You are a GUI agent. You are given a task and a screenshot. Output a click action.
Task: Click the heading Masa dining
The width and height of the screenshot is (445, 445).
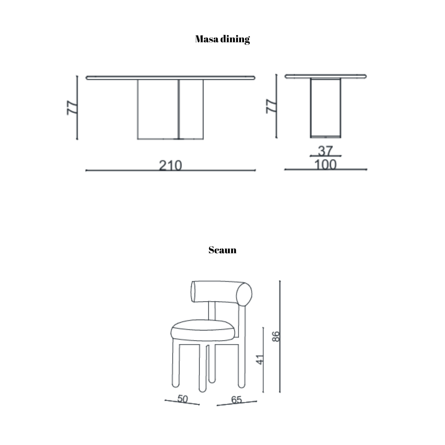click(x=222, y=39)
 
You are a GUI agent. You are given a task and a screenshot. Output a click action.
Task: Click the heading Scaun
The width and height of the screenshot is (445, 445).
click(x=222, y=250)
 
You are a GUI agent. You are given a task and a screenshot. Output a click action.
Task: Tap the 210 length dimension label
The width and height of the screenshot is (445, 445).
click(x=171, y=165)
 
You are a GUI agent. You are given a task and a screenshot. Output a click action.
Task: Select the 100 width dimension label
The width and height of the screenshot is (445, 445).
click(x=325, y=165)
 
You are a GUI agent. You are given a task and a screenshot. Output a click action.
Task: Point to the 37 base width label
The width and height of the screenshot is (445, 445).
click(x=325, y=151)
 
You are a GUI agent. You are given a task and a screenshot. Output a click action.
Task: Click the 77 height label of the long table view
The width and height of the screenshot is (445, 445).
click(x=72, y=108)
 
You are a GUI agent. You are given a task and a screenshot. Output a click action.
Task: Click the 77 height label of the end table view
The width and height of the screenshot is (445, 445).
click(x=271, y=106)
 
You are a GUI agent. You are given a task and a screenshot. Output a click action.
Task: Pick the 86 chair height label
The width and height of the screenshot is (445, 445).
click(x=276, y=336)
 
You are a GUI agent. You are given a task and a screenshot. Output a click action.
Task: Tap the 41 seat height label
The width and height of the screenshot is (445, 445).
click(x=260, y=360)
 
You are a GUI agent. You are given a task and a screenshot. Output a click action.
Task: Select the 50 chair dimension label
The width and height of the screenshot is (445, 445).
click(x=182, y=399)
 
